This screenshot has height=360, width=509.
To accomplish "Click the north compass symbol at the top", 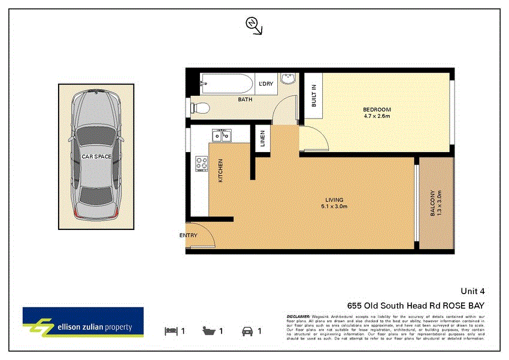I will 253,24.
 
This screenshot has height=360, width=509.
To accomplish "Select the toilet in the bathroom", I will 198,108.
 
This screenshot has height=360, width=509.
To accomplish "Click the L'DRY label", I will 266,84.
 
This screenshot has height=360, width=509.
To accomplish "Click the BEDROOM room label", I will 377,110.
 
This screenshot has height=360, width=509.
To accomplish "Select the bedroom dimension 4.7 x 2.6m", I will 377,116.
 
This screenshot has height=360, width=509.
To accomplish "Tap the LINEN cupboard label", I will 262,140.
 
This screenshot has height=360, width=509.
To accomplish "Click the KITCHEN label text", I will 220,171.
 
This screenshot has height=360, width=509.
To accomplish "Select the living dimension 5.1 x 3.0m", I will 334,207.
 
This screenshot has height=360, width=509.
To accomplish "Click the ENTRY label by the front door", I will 188,235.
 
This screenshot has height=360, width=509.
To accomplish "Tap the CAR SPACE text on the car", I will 96,156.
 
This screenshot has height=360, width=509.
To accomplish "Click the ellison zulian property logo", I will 83,323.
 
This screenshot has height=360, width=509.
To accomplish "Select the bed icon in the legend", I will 171,331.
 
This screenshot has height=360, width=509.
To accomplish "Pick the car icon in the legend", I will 246,331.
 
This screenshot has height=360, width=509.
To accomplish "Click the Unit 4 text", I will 473,292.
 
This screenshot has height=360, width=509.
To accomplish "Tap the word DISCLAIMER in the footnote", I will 298,316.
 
